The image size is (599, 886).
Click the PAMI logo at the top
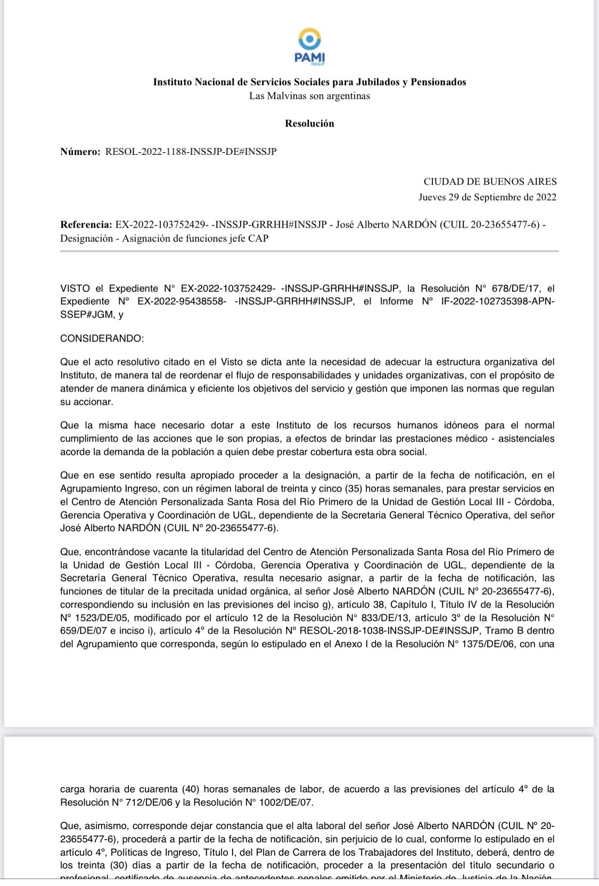coord(309,47)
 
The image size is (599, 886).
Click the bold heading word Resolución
coord(309,123)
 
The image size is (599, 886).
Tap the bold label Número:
coord(80,152)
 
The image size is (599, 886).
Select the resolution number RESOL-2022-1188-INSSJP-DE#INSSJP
coord(191,152)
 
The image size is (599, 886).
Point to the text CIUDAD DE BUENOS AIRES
coord(490,181)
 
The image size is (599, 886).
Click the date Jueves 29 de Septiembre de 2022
coord(487,197)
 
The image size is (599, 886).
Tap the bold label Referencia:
coord(86,225)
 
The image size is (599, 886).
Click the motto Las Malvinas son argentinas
coord(309,96)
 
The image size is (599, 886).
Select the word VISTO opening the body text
coord(75,288)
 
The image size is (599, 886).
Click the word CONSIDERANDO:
coord(102,338)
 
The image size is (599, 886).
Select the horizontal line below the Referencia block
coord(309,251)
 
